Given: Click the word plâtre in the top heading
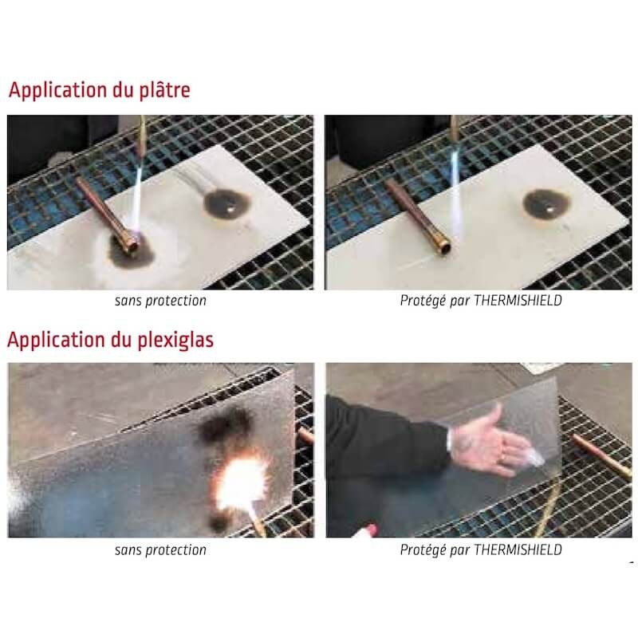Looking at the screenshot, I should [163, 89].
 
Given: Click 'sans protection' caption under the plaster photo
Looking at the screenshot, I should [160, 301].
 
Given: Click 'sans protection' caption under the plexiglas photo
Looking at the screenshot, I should [160, 549].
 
